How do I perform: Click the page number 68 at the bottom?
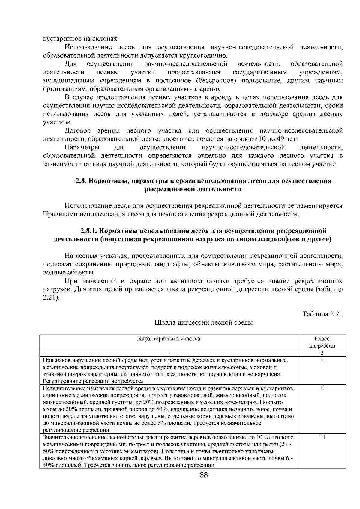click(204, 475)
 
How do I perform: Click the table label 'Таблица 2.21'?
click(322, 314)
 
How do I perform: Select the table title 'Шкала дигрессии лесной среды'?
click(203, 323)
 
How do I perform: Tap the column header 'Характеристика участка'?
click(169, 339)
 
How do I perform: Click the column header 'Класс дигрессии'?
click(322, 342)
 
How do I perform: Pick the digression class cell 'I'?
click(322, 360)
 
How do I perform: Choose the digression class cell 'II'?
click(322, 388)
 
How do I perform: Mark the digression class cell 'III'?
click(322, 437)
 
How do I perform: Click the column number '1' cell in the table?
click(169, 353)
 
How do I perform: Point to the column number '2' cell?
click(322, 353)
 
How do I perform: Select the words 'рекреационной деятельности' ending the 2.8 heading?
click(193, 189)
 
